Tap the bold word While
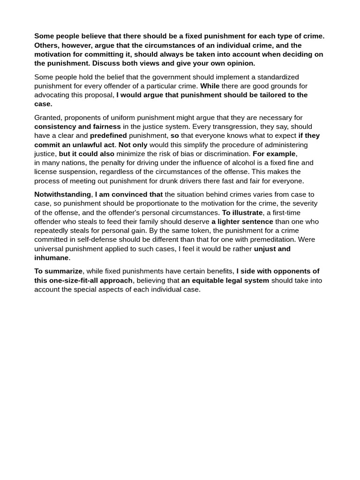point(210,86)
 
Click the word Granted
point(48,118)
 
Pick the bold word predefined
point(108,135)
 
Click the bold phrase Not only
point(133,145)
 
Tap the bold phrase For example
point(274,154)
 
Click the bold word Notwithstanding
point(62,195)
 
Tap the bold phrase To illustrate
point(242,212)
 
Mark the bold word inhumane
point(52,258)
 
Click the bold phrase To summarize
point(58,271)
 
